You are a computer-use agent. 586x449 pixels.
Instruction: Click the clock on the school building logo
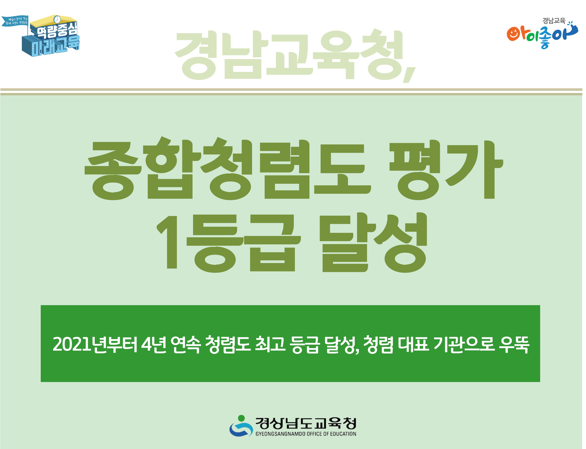tap(57, 19)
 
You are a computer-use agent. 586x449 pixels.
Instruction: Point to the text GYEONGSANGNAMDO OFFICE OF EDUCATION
tap(306, 434)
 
